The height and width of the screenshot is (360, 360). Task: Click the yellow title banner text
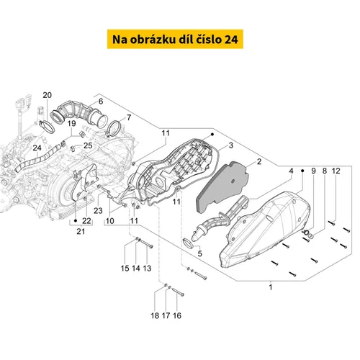(180, 38)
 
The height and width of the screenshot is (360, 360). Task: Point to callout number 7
(129, 117)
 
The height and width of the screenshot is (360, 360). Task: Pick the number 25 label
(89, 146)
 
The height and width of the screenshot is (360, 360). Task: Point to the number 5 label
(199, 253)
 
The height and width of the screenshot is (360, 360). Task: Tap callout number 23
(97, 211)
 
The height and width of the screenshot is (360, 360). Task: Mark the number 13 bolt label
(147, 268)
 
